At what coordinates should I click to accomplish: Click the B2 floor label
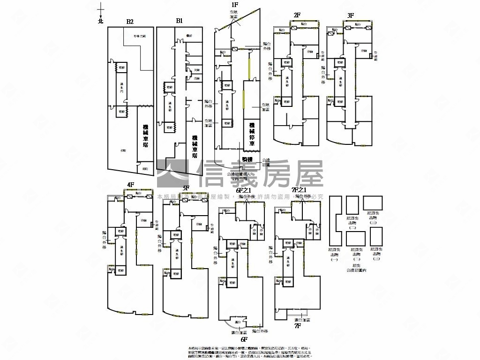[130, 22]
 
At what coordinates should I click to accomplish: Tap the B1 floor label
[179, 21]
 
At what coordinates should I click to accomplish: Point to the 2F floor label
[297, 15]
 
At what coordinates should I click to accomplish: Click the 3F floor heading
[351, 15]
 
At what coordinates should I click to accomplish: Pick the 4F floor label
[131, 185]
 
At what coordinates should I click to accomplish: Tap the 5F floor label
[186, 188]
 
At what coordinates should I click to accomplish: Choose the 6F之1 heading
[244, 190]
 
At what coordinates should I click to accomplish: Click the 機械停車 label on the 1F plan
[252, 134]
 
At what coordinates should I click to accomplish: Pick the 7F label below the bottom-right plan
[297, 325]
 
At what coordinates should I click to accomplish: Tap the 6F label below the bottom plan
[244, 339]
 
